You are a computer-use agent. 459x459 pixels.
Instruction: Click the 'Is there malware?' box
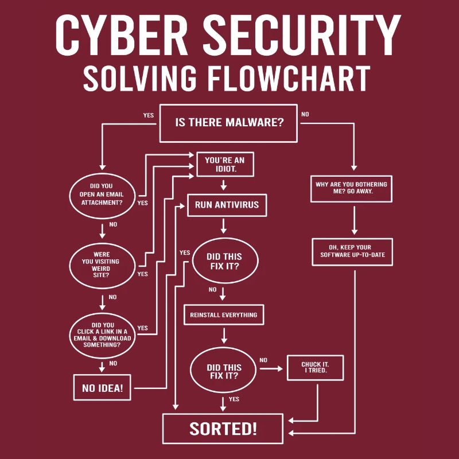(228, 123)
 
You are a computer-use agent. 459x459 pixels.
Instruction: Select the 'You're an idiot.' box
(224, 165)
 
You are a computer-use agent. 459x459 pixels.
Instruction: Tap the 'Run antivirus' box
(227, 205)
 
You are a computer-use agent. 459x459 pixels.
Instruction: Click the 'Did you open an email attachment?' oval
(104, 194)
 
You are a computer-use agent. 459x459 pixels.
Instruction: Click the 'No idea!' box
(102, 388)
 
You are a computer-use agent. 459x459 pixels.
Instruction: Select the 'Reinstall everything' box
(223, 315)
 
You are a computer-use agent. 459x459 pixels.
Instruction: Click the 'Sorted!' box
(223, 429)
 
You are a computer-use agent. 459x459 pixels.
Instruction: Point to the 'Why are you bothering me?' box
(351, 188)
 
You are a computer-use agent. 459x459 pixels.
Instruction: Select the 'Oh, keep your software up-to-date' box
(352, 251)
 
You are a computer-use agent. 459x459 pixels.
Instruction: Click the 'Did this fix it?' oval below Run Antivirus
(224, 262)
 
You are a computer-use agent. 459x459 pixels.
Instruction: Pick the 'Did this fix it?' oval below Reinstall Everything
(224, 372)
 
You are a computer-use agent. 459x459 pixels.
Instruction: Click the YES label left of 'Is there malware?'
(149, 115)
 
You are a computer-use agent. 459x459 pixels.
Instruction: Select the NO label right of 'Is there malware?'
(305, 114)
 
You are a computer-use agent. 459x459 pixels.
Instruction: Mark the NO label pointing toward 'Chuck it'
(263, 360)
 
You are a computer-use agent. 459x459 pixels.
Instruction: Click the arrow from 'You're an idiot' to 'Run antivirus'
(224, 185)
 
